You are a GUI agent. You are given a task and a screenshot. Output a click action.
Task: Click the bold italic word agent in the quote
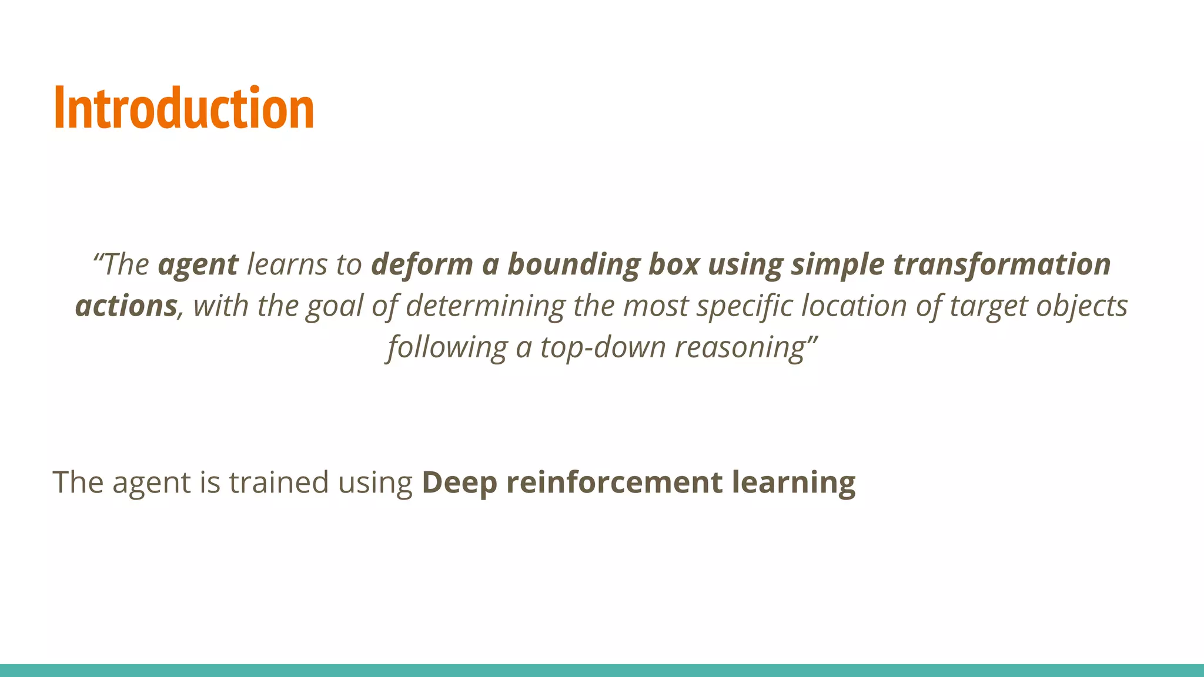tap(198, 265)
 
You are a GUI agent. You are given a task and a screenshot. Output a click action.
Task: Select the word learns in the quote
tap(286, 264)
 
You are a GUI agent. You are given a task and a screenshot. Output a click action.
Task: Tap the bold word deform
tap(422, 264)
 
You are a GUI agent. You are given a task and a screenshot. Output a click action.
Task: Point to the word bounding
tap(573, 265)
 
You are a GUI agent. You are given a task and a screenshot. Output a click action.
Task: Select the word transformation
tap(1002, 264)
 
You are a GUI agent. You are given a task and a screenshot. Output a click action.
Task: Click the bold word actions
tap(126, 306)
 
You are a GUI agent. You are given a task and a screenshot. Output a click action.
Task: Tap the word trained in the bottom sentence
tap(279, 482)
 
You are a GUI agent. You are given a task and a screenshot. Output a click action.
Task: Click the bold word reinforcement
tap(614, 482)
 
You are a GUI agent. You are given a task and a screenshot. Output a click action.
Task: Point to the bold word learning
tap(794, 483)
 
